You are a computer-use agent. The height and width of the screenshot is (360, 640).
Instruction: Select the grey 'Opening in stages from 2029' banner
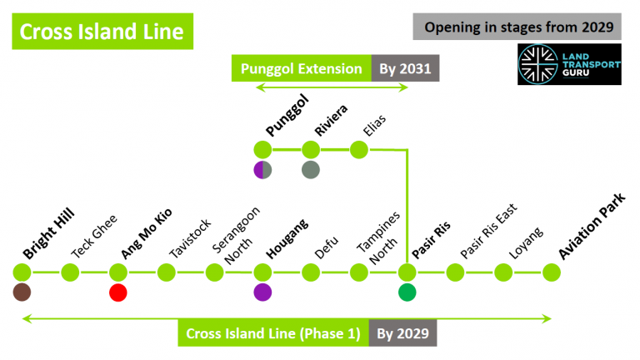pos(517,27)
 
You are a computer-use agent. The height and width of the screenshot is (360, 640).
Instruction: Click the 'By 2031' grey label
pos(405,68)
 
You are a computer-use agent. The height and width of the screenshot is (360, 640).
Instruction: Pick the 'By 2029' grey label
pos(402,334)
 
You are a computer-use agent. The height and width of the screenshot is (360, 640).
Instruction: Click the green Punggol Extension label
pos(302,68)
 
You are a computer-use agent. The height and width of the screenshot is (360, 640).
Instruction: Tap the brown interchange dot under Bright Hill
pos(22,292)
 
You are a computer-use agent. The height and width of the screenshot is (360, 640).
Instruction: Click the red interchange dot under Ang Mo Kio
pos(118,292)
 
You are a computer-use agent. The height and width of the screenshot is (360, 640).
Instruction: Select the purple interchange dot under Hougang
pos(262,292)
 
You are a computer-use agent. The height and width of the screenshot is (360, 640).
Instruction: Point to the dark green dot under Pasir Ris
pos(407,292)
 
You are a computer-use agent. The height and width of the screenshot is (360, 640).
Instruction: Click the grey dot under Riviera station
pos(311,170)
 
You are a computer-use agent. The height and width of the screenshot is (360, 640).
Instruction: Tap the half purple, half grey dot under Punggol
pos(262,170)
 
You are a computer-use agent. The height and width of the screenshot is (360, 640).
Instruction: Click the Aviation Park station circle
pos(551,272)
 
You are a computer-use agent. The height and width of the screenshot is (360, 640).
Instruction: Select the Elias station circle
pos(359,150)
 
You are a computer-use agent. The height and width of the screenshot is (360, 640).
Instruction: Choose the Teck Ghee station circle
pos(71,272)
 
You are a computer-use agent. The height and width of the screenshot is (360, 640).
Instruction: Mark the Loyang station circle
pos(502,272)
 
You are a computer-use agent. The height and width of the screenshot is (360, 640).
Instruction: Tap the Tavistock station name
pos(190,238)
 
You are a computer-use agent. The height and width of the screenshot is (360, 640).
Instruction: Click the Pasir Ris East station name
pos(489,230)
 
